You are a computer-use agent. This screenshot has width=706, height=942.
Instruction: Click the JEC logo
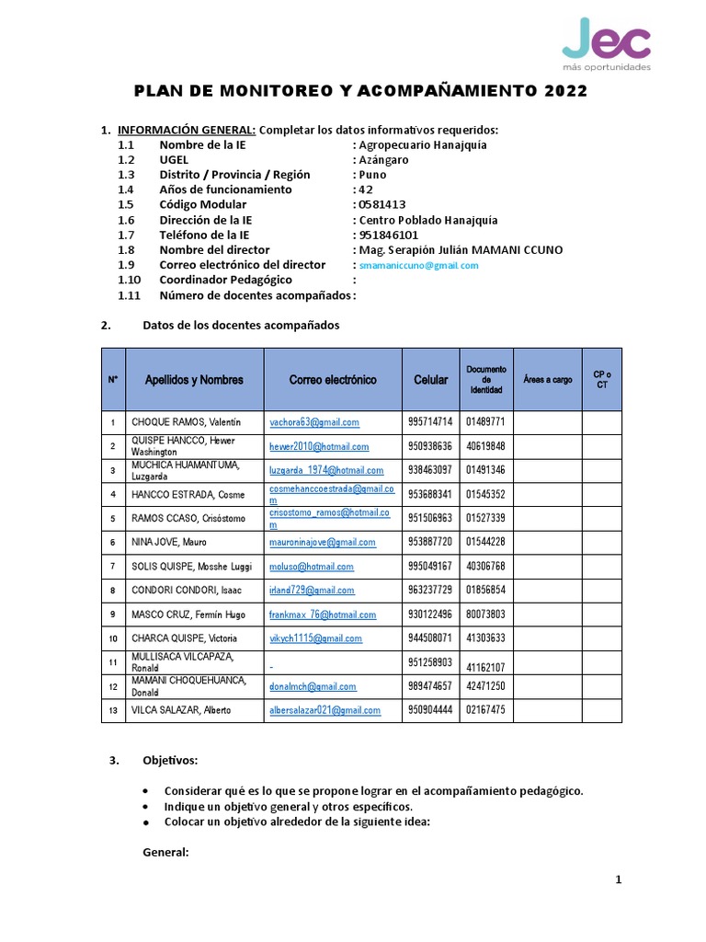[606, 46]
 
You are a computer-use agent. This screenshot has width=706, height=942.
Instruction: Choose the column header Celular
[430, 379]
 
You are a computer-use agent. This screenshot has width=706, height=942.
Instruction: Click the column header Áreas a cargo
[547, 379]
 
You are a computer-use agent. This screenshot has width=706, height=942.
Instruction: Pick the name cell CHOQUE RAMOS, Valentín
[186, 422]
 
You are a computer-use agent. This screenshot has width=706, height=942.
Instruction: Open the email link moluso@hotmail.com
[311, 567]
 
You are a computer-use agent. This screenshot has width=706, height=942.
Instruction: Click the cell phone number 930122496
[430, 615]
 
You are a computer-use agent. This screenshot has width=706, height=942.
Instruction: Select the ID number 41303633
[485, 638]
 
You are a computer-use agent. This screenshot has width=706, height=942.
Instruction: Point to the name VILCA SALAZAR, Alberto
[181, 710]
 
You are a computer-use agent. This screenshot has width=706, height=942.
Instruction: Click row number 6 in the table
[113, 543]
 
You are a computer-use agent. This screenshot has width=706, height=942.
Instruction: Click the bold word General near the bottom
[165, 853]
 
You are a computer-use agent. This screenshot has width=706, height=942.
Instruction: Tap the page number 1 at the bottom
[619, 880]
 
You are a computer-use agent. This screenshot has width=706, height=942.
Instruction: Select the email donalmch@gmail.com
[312, 686]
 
